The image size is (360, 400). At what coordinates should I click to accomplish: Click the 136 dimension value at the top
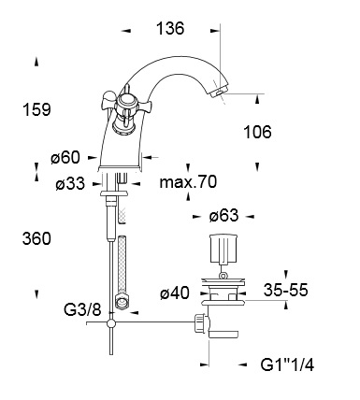coord(170,28)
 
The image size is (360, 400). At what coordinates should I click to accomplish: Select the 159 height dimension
coord(36,110)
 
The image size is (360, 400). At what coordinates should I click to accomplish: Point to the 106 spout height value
coord(257,132)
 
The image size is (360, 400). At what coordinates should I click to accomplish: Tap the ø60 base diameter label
coord(65,157)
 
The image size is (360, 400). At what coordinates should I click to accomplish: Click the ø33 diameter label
coord(70,183)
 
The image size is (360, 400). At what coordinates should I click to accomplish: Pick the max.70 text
coord(188,181)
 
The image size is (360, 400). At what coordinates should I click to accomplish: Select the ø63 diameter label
coord(223,216)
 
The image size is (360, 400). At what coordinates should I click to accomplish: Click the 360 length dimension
coord(36,239)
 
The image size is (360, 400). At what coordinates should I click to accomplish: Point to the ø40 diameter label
coord(175,293)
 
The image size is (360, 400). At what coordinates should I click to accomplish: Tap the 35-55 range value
coord(286,290)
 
